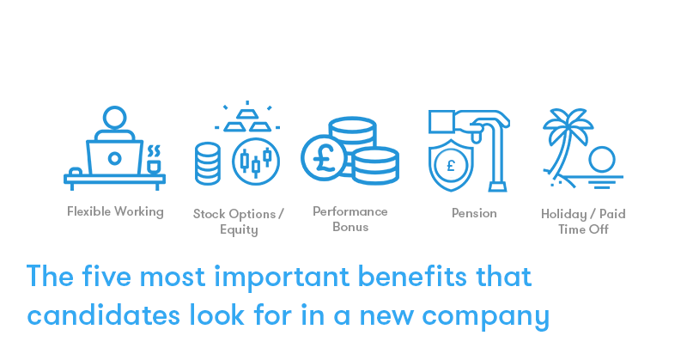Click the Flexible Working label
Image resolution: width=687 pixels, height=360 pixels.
pyautogui.click(x=115, y=212)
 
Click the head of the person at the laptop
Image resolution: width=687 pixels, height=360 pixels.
pyautogui.click(x=115, y=118)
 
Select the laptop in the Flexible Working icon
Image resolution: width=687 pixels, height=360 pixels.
pyautogui.click(x=115, y=158)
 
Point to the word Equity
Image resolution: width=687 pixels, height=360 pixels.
pyautogui.click(x=239, y=230)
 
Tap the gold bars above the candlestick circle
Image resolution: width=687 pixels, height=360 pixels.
pyautogui.click(x=247, y=119)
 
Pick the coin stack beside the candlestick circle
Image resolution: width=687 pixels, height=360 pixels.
pyautogui.click(x=208, y=163)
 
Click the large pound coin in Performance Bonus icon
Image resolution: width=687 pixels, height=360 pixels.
pyautogui.click(x=324, y=158)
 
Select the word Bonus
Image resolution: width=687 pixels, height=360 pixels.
pyautogui.click(x=350, y=227)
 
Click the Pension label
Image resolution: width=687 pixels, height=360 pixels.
pyautogui.click(x=474, y=213)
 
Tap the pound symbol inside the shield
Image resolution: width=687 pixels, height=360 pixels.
pyautogui.click(x=451, y=166)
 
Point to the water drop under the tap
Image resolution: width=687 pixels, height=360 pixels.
pyautogui.click(x=477, y=137)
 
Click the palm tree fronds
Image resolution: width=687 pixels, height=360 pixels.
pyautogui.click(x=568, y=124)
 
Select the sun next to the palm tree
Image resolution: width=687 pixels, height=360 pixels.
pyautogui.click(x=602, y=160)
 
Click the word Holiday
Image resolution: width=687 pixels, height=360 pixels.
pyautogui.click(x=564, y=214)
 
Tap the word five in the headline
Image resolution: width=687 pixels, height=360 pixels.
pyautogui.click(x=106, y=277)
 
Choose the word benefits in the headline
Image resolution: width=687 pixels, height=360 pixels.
pyautogui.click(x=412, y=277)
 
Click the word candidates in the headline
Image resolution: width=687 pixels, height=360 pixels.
pyautogui.click(x=103, y=315)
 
